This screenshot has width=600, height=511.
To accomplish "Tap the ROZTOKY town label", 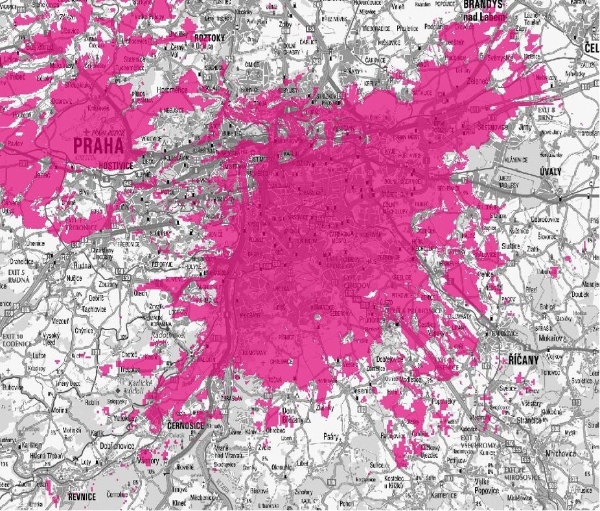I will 209,38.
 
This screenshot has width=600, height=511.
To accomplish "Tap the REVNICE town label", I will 82,497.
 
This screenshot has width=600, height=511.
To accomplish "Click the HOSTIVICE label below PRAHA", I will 115,165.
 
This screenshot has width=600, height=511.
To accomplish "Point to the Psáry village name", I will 321,436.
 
